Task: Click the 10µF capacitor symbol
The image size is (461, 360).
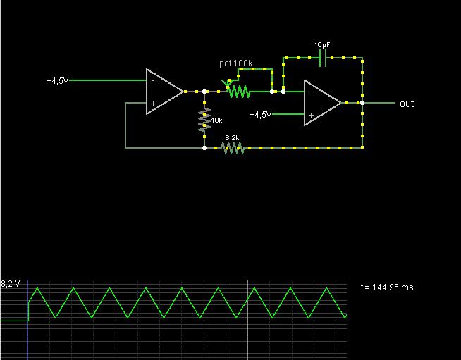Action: pos(323,58)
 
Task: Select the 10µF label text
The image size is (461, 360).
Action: pos(322,45)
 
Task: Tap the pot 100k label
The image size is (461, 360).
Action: pos(235,63)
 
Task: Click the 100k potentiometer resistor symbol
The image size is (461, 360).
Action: pos(238,92)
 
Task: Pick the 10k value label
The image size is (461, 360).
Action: pos(216,121)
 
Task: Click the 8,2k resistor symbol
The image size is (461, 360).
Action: pos(233,148)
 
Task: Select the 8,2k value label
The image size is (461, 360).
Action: pos(233,138)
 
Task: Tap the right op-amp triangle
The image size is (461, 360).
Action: pos(321,103)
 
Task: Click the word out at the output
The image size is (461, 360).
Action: pos(407,104)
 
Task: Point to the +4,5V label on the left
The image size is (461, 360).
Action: pos(58,81)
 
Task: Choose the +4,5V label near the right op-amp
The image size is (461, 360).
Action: pos(261,114)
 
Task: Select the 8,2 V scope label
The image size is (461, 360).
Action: pos(11,284)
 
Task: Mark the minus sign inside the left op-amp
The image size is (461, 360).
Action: pos(152,80)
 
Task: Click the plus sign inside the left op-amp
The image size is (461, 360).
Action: pos(152,103)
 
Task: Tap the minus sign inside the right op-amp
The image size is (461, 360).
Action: pos(311,92)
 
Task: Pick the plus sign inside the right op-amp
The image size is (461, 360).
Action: pos(311,114)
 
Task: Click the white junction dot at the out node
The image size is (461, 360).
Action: pos(362,103)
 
